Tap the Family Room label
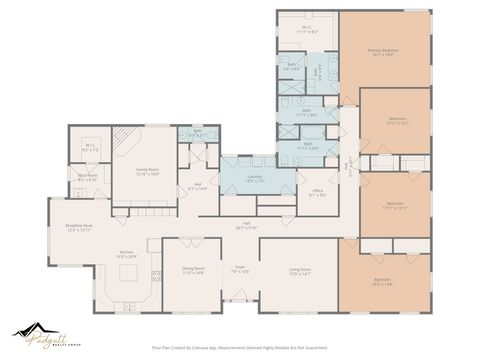coord(148,170)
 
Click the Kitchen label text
coord(127,252)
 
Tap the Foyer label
coord(239,269)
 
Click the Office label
coord(316,191)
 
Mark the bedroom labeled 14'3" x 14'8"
coord(383,281)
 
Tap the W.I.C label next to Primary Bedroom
coord(308,30)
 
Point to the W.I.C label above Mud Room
coord(90,147)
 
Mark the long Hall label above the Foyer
coord(246,226)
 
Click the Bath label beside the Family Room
coord(197,132)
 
